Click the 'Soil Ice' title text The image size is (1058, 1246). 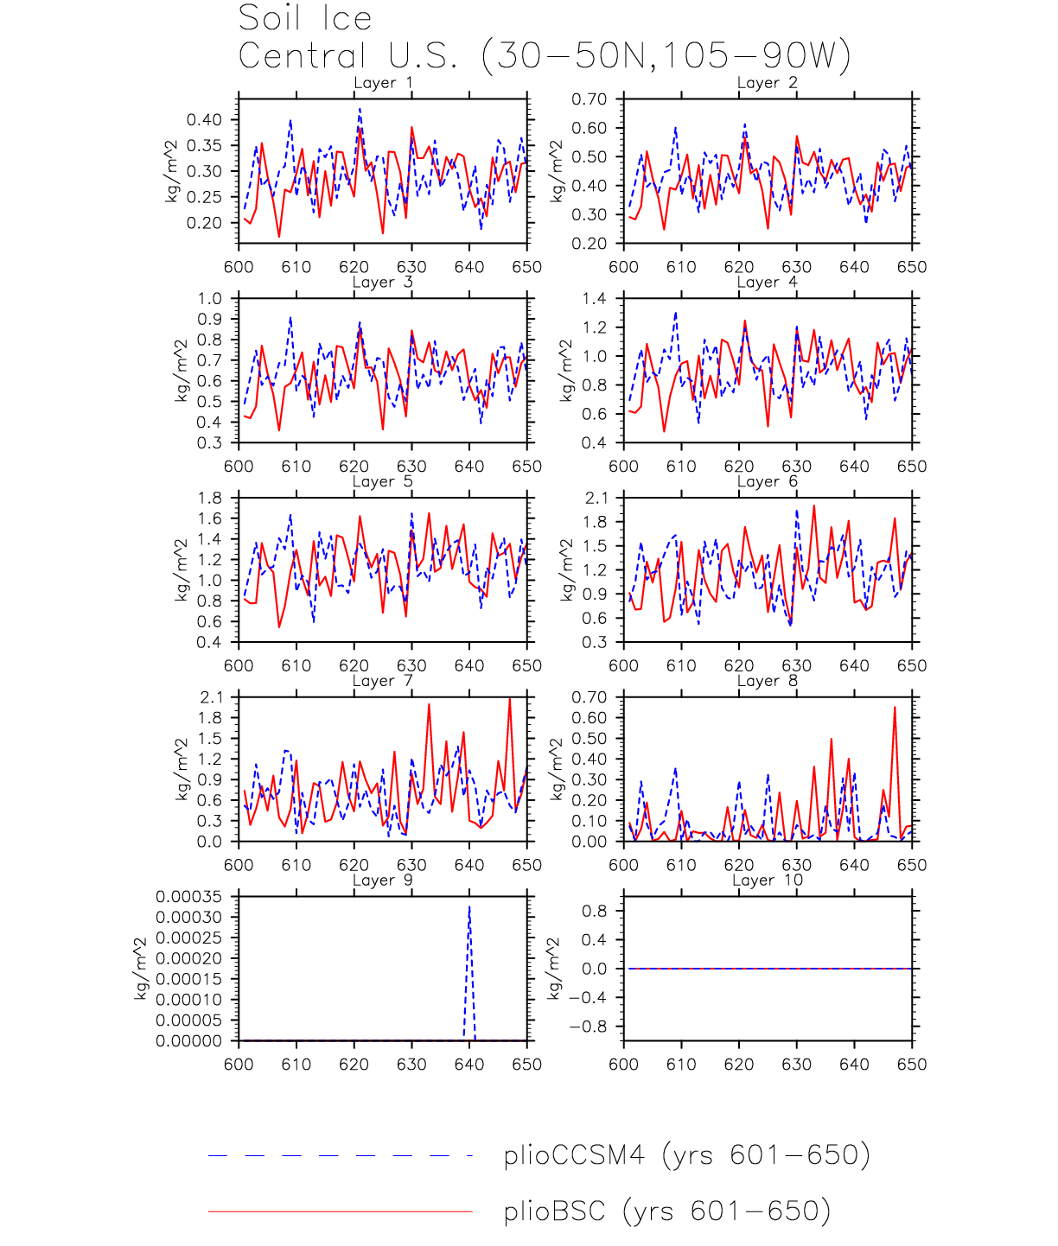(305, 18)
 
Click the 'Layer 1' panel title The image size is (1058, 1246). (383, 83)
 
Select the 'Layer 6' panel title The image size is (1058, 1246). (768, 481)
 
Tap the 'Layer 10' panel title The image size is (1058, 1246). (768, 880)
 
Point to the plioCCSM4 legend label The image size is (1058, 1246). (686, 1155)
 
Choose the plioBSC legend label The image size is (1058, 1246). (666, 1211)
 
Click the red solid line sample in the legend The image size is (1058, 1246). (340, 1211)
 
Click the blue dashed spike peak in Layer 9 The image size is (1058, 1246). (469, 907)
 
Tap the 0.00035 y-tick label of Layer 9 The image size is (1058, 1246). (188, 897)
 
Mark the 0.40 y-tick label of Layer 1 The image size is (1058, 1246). (204, 120)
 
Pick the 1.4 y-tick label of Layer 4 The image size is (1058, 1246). (594, 299)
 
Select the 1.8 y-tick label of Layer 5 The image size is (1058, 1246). (209, 499)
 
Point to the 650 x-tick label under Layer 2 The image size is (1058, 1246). (912, 267)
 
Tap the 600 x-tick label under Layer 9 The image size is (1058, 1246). (239, 1065)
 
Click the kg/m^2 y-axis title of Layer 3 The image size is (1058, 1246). (181, 371)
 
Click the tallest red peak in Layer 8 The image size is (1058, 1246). (895, 708)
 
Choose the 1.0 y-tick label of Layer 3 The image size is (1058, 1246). (209, 299)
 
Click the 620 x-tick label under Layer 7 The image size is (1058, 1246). (354, 865)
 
